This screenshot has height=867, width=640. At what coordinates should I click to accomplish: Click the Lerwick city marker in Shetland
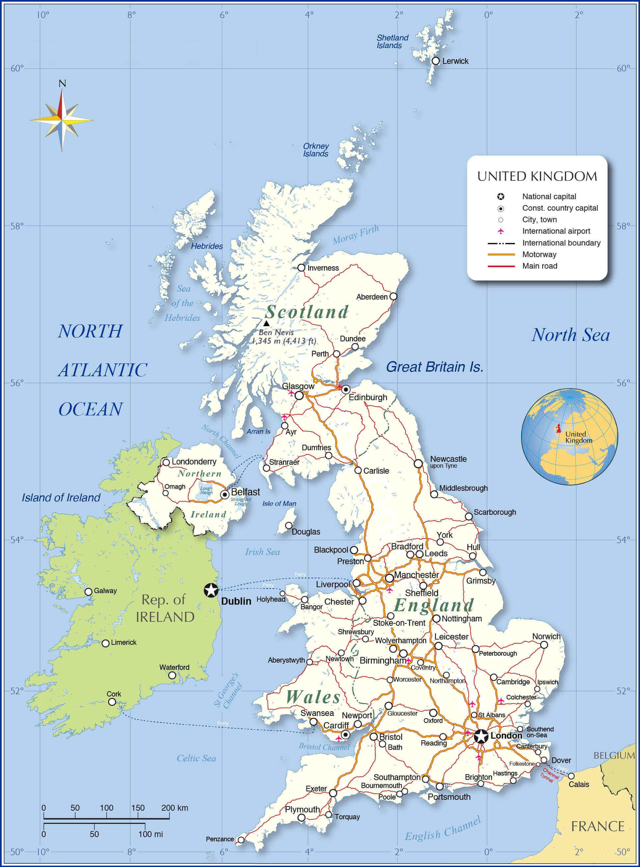(436, 61)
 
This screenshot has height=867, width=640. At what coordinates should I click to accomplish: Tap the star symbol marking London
(481, 736)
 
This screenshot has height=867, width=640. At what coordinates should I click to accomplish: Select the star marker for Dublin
(211, 591)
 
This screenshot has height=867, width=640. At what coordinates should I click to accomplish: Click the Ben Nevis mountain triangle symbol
(267, 323)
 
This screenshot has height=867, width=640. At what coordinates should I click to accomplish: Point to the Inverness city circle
(302, 268)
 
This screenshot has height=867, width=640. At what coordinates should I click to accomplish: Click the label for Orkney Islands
(316, 150)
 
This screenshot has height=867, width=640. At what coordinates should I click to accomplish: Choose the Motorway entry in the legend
(539, 254)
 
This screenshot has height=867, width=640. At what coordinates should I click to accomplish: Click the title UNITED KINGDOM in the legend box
(537, 176)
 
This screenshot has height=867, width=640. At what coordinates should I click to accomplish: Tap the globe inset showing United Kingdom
(569, 437)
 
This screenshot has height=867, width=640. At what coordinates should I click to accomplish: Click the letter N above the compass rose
(62, 84)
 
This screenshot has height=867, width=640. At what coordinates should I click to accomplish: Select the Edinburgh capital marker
(346, 389)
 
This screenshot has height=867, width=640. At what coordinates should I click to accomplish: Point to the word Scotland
(307, 312)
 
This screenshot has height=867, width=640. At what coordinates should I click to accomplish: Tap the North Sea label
(570, 335)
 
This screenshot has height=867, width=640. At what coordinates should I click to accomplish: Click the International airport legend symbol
(501, 231)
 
